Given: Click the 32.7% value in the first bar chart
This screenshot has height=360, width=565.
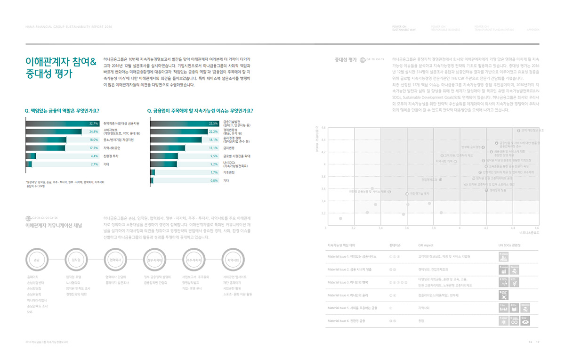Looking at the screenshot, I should coord(93,123).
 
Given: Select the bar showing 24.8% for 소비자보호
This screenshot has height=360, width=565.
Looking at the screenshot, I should coord(61,131).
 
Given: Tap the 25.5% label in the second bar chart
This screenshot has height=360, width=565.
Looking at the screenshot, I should coord(213,123).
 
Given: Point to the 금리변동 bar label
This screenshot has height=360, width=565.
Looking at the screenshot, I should coord(230,148).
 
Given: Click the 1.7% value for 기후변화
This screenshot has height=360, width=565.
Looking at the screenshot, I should coord(214,172).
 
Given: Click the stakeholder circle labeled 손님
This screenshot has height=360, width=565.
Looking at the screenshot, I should coord(37,260).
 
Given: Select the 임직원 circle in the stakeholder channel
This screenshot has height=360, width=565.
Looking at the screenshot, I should coord(75,260).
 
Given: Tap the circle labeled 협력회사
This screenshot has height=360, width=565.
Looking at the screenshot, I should coord(114,260).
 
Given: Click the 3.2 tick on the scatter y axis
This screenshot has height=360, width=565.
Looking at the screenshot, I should coord(323,213).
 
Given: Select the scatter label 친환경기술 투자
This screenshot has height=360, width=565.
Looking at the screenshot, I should coord(420,194).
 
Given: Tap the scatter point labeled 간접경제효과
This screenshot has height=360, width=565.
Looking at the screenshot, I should coord(440,179).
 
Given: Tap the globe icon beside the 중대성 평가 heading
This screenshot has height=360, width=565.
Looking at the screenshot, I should coord(363,60).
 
